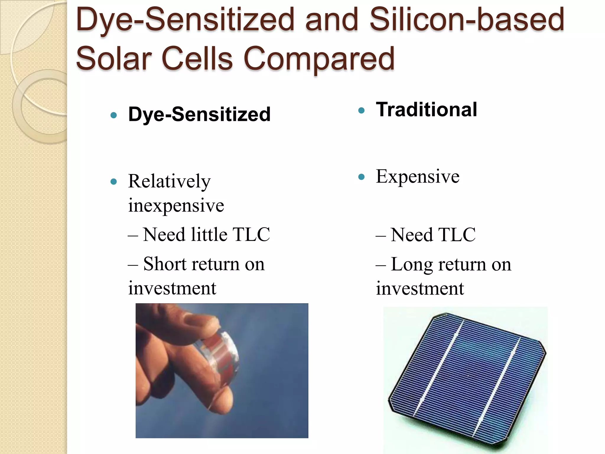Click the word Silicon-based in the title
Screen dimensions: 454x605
[467, 20]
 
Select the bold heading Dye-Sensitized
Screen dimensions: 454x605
[199, 114]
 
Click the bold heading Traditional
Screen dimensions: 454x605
[426, 110]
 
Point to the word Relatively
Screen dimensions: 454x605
[169, 181]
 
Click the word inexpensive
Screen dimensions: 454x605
[176, 205]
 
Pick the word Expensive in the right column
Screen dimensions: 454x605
[417, 176]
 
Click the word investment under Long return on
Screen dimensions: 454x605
[419, 288]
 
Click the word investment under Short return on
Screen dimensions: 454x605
[172, 288]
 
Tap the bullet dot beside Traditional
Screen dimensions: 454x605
[361, 111]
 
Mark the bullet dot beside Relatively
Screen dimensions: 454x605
[114, 181]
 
